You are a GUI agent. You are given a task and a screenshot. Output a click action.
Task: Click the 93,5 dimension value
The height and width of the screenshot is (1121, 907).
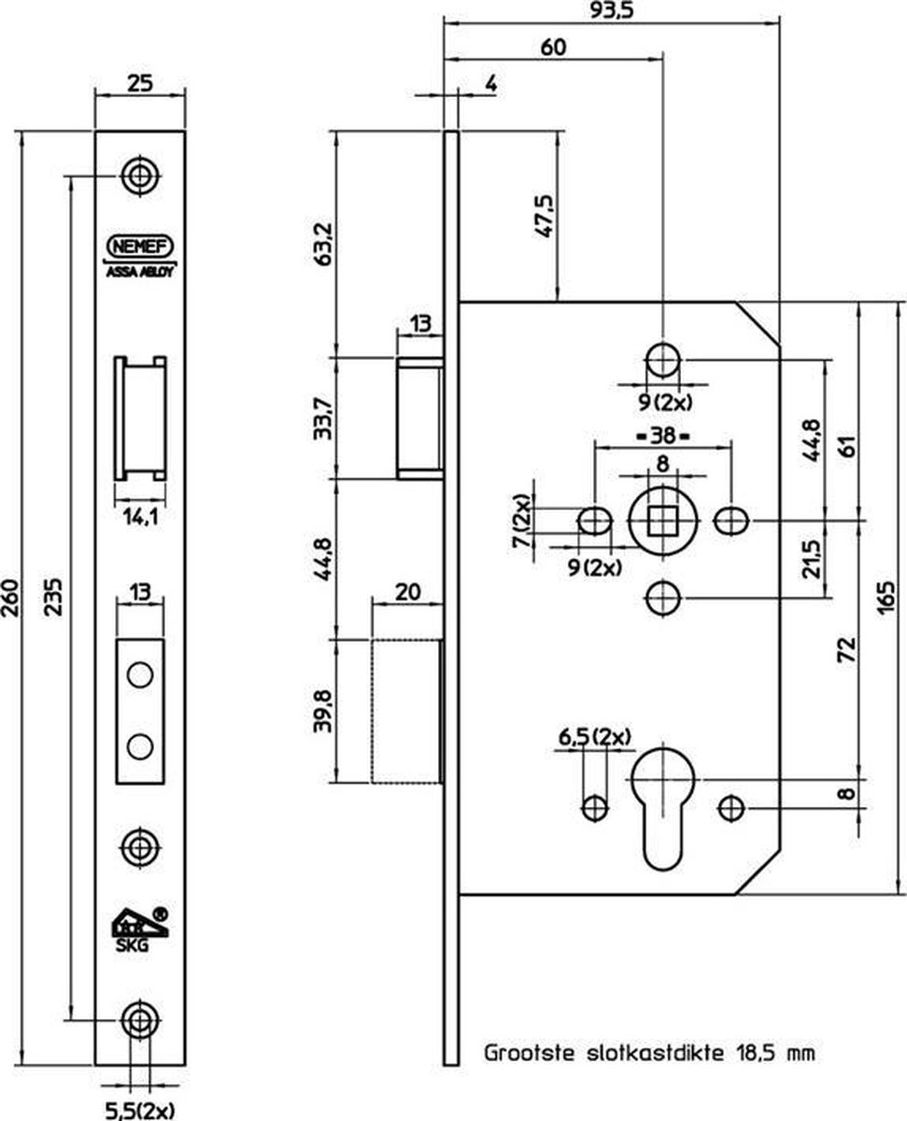(611, 10)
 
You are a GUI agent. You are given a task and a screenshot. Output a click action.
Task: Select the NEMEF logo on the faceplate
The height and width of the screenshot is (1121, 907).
(140, 246)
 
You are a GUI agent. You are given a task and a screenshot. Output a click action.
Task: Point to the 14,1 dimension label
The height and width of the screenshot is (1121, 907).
(140, 518)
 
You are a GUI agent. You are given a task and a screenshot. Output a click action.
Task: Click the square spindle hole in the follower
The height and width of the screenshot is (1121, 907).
(662, 520)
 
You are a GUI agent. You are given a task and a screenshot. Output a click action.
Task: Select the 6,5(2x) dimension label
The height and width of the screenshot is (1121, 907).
(594, 737)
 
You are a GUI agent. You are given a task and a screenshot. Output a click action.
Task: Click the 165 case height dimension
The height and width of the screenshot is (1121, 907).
(886, 597)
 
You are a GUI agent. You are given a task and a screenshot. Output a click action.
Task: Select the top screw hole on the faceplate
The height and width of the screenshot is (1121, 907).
(140, 177)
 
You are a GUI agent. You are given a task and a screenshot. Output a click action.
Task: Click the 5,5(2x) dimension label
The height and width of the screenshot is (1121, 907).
(139, 1111)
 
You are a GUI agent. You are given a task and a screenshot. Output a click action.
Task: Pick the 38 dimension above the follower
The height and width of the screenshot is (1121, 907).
(663, 436)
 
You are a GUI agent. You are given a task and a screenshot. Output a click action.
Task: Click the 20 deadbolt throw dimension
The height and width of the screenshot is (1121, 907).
(407, 592)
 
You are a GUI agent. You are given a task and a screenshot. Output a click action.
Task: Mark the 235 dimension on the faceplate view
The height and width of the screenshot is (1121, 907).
(52, 597)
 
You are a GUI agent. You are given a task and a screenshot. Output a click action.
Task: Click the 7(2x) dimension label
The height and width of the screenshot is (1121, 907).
(521, 521)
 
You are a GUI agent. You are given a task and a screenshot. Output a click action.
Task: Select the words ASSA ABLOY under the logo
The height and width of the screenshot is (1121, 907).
(140, 272)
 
